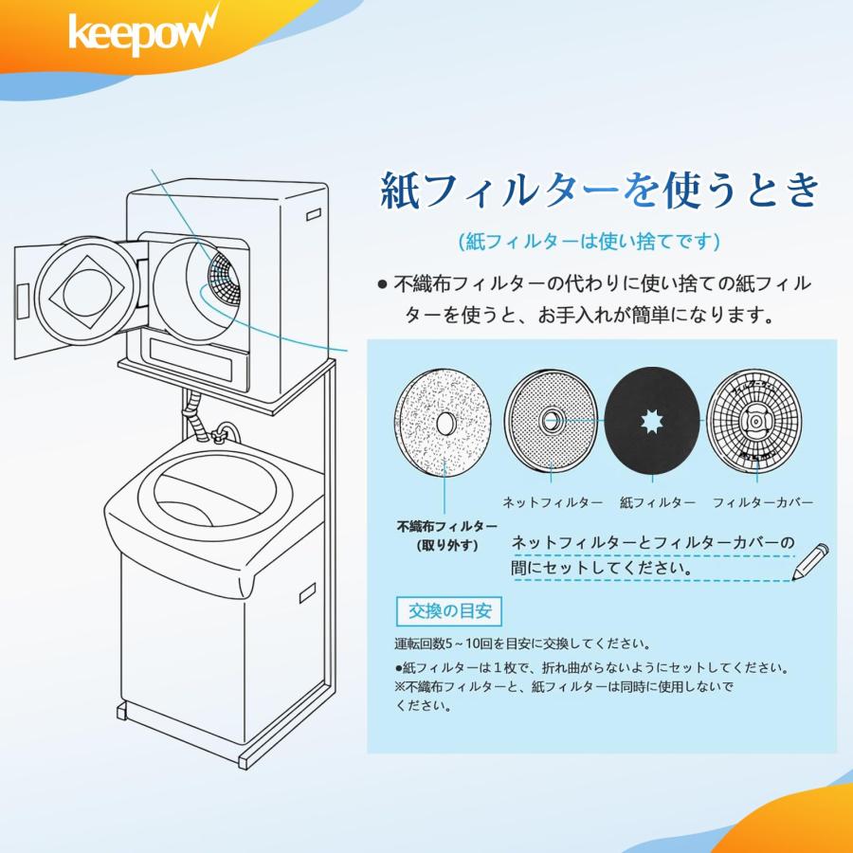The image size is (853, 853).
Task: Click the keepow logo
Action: tap(143, 33)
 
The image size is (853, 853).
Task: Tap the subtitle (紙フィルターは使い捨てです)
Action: tap(588, 242)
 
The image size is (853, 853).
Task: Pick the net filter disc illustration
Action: tap(551, 417)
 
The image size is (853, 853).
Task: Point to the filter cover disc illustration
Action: tap(755, 417)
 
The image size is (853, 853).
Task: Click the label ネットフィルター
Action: tap(552, 501)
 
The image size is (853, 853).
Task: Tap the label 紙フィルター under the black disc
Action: tap(657, 501)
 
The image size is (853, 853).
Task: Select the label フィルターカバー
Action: tap(762, 501)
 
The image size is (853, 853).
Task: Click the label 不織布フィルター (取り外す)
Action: tap(446, 535)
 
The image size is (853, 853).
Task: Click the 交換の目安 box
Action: tap(448, 610)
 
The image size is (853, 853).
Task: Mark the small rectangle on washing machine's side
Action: tap(309, 594)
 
